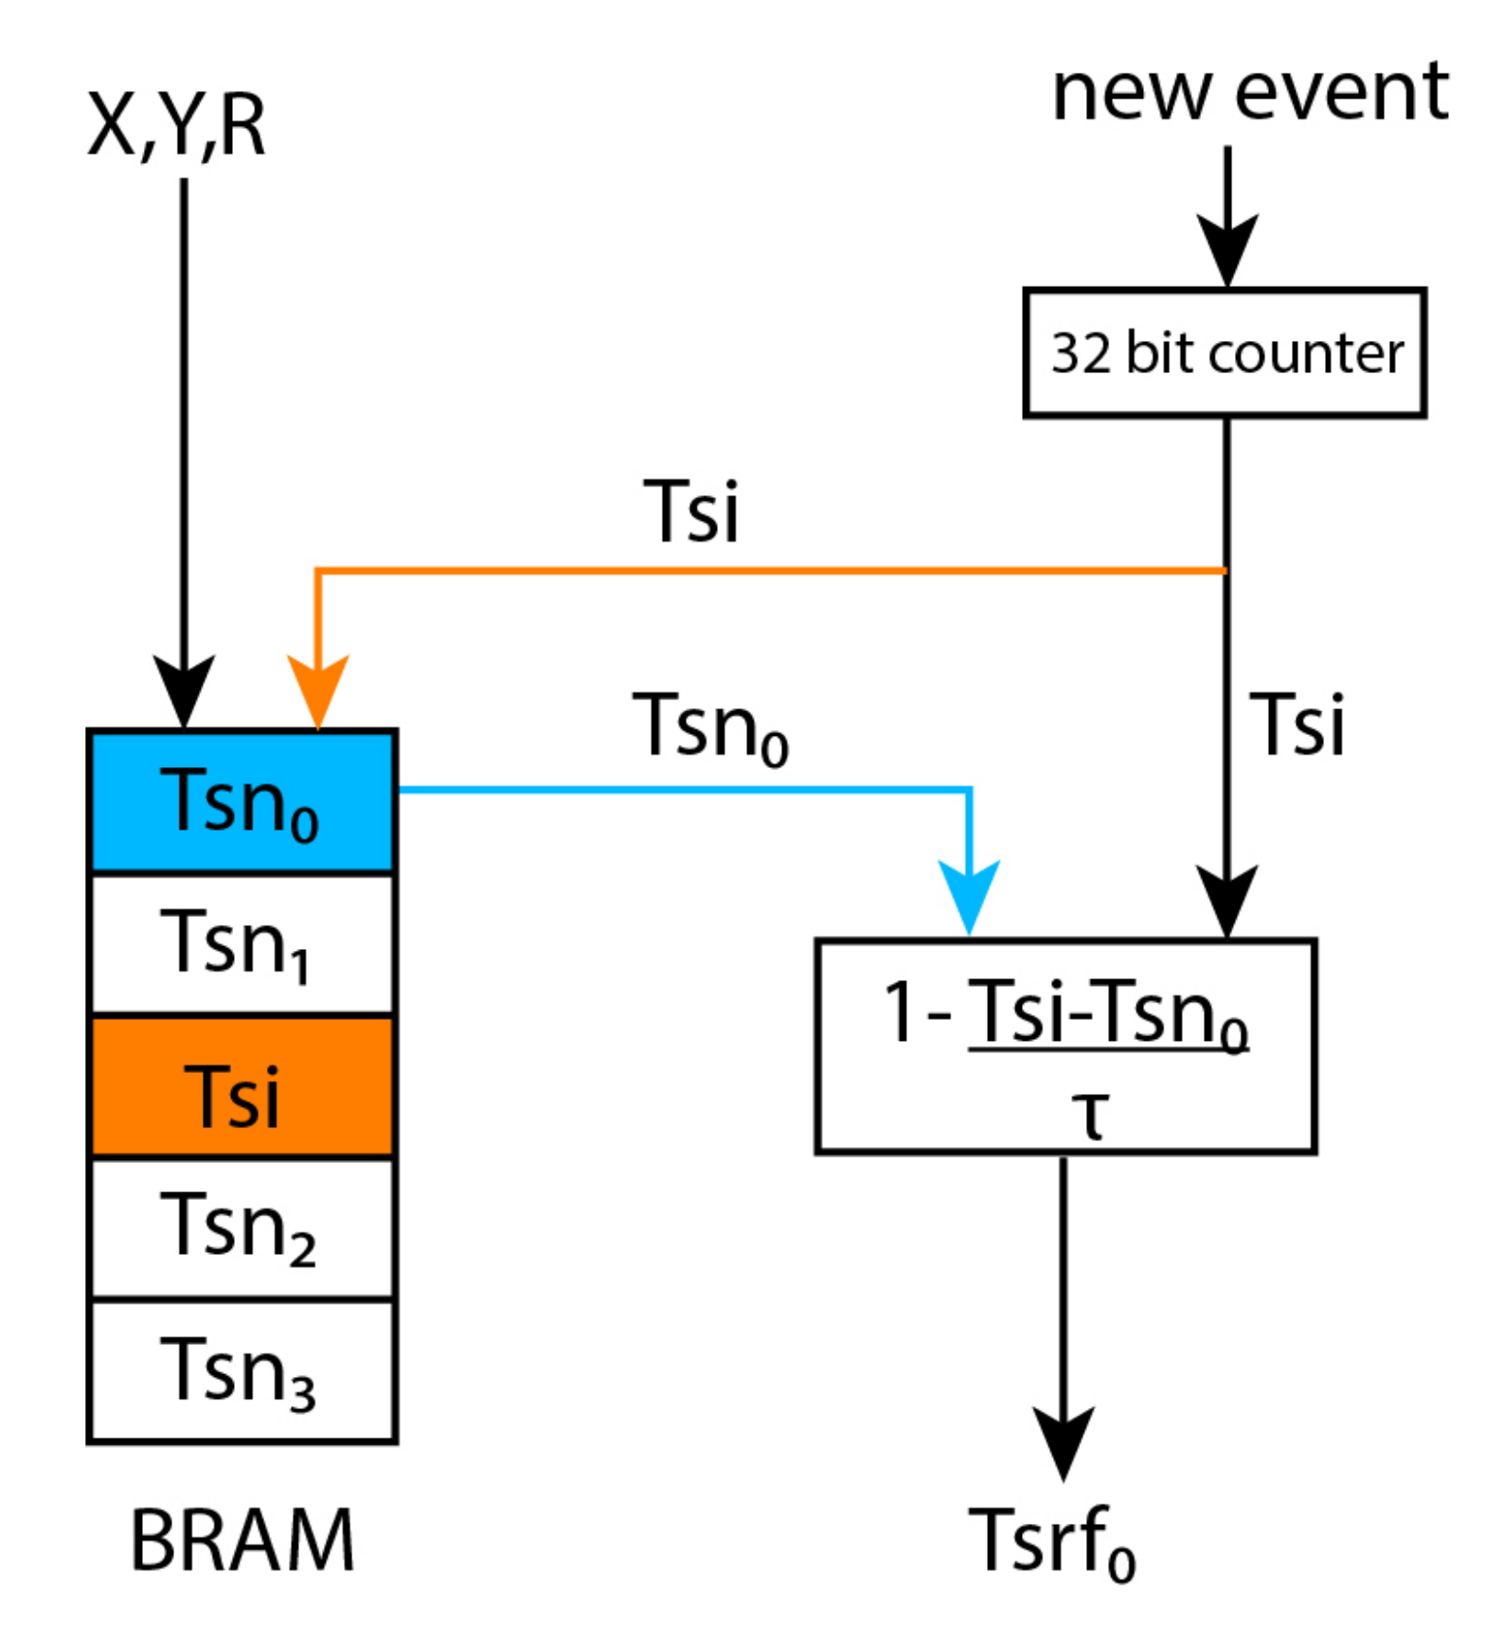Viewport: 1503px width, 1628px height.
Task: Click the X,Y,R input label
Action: pos(176,126)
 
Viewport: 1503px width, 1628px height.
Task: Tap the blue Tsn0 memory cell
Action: pos(242,801)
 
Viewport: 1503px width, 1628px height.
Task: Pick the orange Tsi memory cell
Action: pos(242,1086)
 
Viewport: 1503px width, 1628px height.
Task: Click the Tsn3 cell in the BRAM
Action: pos(242,1370)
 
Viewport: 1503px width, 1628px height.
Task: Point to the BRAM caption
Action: pos(242,1539)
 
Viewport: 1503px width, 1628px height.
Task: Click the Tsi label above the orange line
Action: pos(690,511)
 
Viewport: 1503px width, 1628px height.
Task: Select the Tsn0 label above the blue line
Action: pos(710,726)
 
